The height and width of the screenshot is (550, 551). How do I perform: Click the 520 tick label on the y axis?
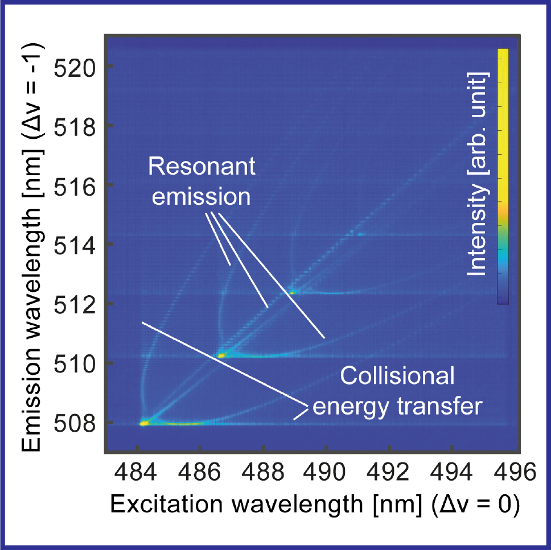pos(72,67)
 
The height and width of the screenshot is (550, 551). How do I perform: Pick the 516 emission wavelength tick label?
pos(72,185)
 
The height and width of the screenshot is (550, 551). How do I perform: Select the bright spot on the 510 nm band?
pos(221,355)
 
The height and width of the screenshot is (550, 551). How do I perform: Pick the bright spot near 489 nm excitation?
pos(292,292)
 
